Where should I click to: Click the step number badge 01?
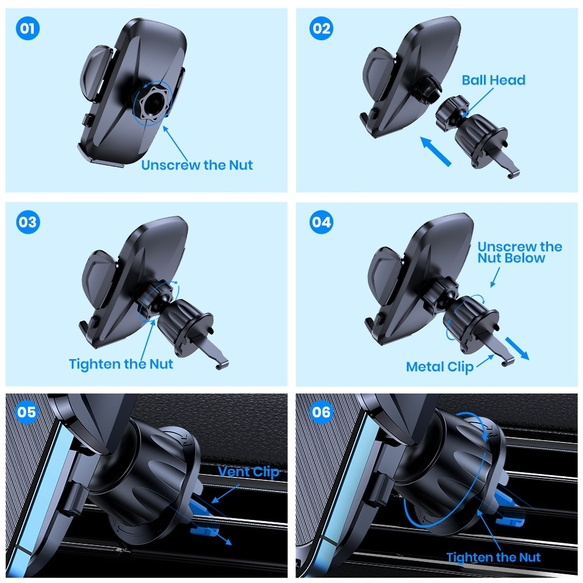point(27,29)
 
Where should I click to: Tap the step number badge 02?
point(321,29)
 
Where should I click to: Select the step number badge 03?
point(27,222)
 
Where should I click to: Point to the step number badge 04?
point(321,222)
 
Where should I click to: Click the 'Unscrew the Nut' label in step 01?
point(197,165)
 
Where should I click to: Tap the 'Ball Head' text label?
point(493,80)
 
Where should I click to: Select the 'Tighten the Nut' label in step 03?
point(121,364)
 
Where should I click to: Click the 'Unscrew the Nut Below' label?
point(519,252)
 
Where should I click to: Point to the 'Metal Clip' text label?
point(440,367)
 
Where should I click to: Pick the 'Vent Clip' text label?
point(248,471)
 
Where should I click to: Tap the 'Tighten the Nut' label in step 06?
point(493,557)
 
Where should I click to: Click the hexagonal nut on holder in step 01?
point(153,104)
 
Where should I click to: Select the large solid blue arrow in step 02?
point(437,151)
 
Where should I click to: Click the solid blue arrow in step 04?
point(517,348)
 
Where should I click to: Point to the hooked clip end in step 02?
point(512,173)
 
